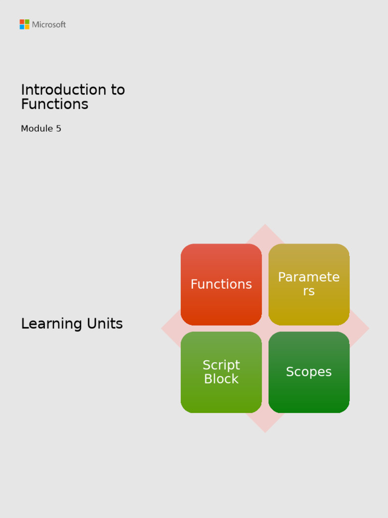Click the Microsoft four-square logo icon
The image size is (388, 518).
tap(24, 24)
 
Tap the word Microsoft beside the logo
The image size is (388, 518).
tap(49, 24)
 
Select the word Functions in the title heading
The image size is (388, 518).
tap(55, 104)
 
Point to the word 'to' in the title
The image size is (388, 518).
tap(117, 90)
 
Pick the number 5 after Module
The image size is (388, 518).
tap(59, 128)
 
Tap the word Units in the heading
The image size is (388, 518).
tap(105, 324)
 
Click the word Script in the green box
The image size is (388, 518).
tap(221, 365)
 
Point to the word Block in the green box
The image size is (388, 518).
tap(221, 379)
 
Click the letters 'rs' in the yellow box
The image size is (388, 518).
tap(309, 291)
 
